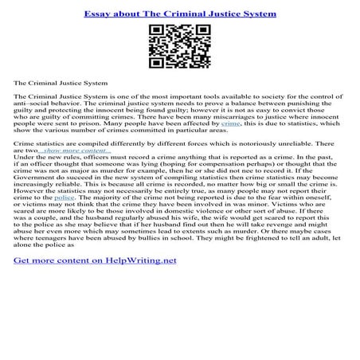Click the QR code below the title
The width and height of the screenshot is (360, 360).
(x=179, y=45)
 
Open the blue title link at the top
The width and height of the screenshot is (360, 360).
(x=179, y=13)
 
